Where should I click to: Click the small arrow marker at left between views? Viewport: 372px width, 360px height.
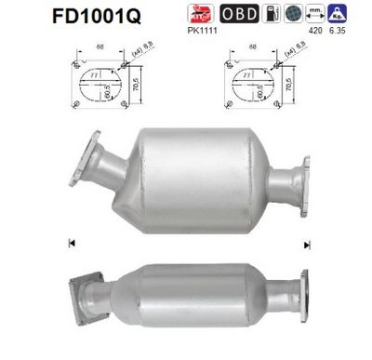tap(71, 245)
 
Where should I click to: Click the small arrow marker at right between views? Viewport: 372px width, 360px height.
tap(303, 245)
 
